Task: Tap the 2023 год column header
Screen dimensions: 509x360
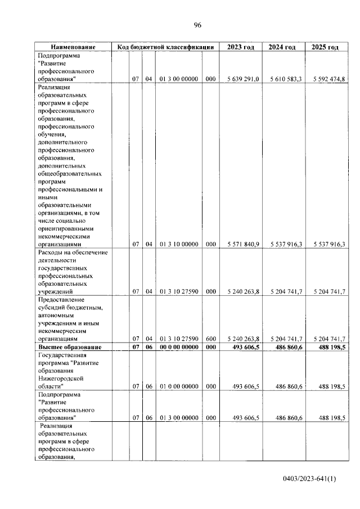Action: tap(240, 47)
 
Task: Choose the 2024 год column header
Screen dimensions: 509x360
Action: tap(282, 47)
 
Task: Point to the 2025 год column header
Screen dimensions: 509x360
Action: tap(325, 47)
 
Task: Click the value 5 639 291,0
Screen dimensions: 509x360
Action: tap(243, 79)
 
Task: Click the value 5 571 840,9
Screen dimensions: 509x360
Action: tap(243, 245)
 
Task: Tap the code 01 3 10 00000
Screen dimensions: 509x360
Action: tap(178, 245)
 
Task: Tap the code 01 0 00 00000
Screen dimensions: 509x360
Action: tap(178, 387)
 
